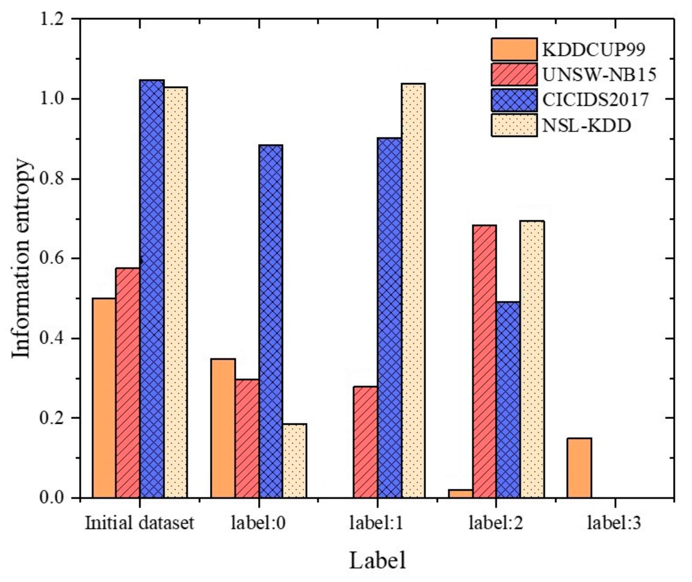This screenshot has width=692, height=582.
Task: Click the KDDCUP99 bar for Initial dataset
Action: [x=104, y=397]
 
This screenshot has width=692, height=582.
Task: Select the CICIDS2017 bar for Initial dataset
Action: [x=152, y=289]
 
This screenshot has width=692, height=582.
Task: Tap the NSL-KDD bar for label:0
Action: [x=294, y=460]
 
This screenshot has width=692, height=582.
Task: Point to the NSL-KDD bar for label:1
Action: [x=413, y=290]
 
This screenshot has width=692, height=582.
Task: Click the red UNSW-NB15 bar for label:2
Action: [x=484, y=361]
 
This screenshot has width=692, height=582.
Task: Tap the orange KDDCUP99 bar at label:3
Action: [x=579, y=467]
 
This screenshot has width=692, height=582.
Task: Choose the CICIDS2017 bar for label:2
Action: [x=508, y=399]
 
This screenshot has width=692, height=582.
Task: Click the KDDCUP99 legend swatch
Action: [x=514, y=50]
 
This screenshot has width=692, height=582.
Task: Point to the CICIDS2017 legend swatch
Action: [x=514, y=100]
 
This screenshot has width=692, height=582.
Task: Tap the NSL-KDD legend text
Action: [x=587, y=125]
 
